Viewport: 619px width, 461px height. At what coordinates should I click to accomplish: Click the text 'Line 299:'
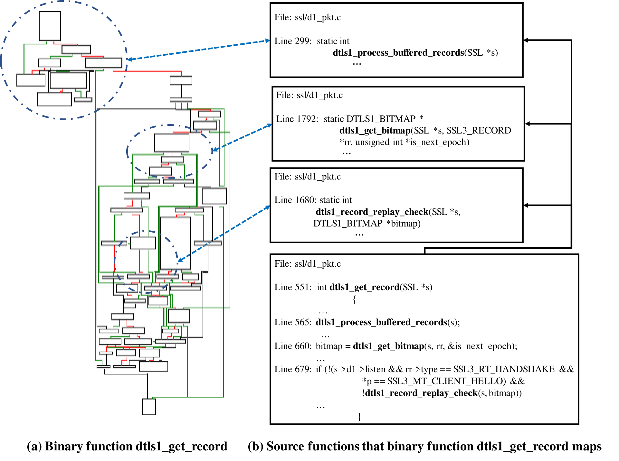pyautogui.click(x=293, y=41)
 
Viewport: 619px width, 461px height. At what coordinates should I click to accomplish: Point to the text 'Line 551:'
pyautogui.click(x=293, y=287)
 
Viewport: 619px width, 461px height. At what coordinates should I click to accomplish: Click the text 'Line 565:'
pyautogui.click(x=293, y=322)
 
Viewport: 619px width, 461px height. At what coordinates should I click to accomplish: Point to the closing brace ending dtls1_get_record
pyautogui.click(x=359, y=417)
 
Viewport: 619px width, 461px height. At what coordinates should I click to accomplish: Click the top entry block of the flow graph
pyautogui.click(x=50, y=26)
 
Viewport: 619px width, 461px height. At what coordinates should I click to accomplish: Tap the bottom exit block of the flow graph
pyautogui.click(x=149, y=407)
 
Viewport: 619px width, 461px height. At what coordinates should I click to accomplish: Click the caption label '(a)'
pyautogui.click(x=34, y=447)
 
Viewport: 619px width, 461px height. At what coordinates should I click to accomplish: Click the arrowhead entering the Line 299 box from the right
pyautogui.click(x=526, y=40)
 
